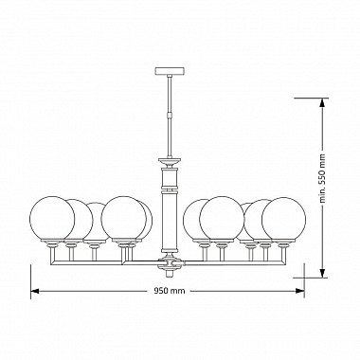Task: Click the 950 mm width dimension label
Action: [170, 291]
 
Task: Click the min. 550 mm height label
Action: [322, 179]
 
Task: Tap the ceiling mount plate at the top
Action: [170, 71]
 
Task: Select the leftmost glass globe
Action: [52, 219]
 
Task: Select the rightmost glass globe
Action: [284, 220]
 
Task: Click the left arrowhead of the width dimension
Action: [34, 291]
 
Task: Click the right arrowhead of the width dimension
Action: [300, 291]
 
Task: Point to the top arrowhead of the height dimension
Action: [322, 102]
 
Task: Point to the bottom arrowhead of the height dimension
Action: [322, 274]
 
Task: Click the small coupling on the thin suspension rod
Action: [170, 114]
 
